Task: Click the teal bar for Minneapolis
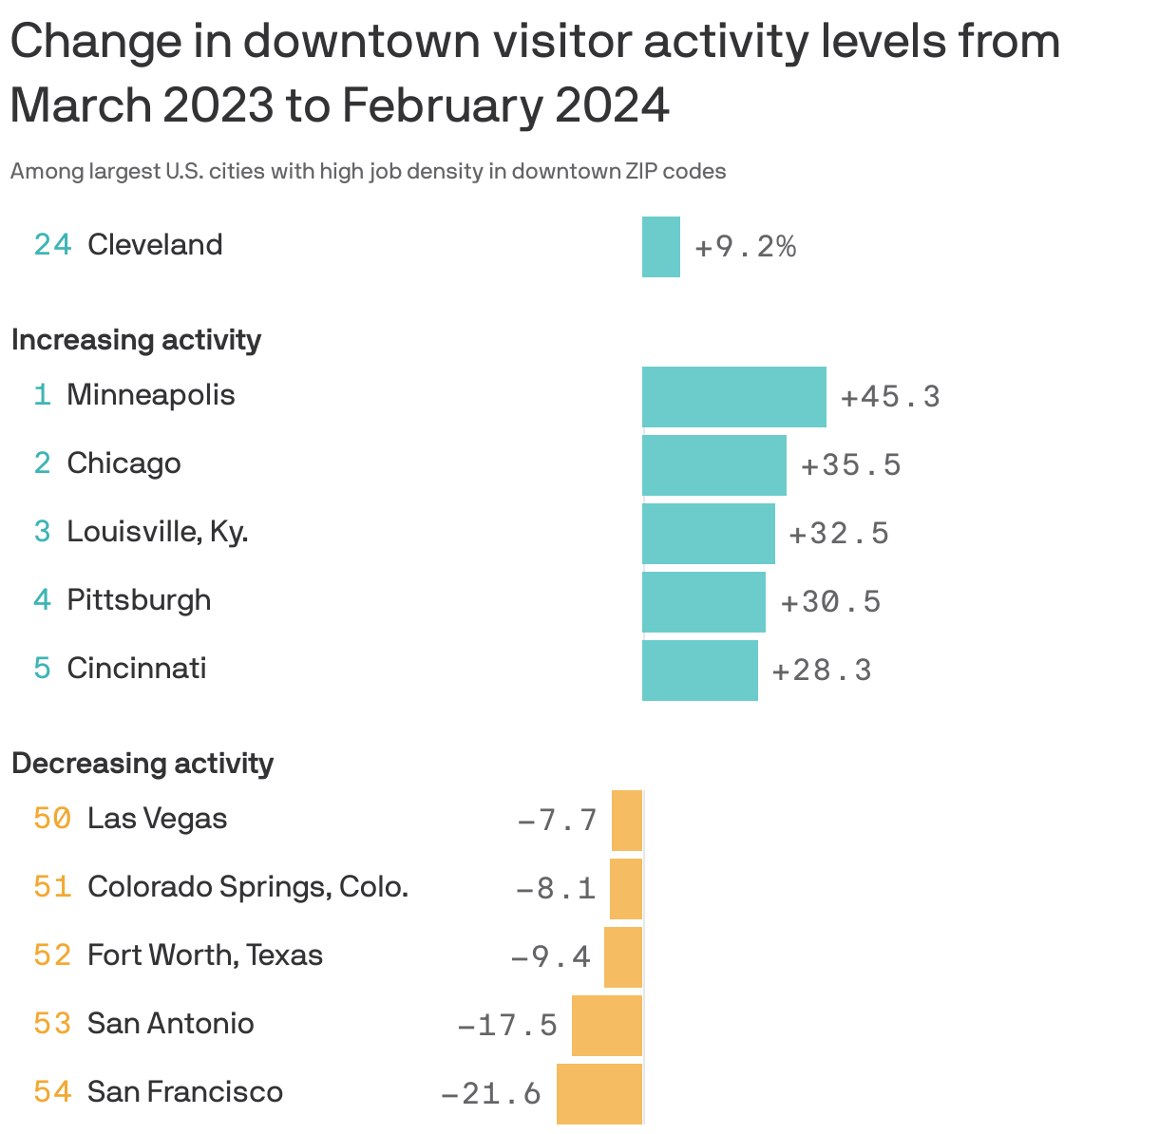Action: point(733,397)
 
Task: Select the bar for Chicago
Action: point(713,465)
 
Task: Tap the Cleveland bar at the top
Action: point(660,247)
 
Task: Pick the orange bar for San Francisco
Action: point(599,1094)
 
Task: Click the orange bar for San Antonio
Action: point(607,1026)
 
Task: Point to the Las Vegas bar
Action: point(627,821)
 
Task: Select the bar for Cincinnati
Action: point(699,671)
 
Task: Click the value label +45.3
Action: point(890,397)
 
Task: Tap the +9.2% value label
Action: point(745,248)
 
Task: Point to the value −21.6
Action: point(491,1094)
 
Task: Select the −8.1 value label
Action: point(556,889)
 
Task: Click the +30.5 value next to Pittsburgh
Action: point(830,602)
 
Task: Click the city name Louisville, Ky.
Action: point(158,532)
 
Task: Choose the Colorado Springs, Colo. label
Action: point(248,887)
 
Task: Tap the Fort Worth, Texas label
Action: point(205,955)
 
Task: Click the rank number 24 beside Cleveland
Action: point(52,245)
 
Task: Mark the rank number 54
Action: point(52,1092)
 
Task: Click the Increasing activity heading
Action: point(136,340)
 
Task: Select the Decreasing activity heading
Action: point(142,764)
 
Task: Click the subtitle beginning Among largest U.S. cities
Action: point(368,172)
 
